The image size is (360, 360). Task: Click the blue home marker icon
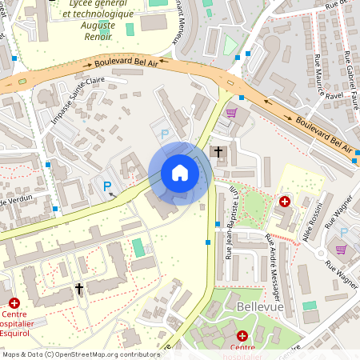coord(180,174)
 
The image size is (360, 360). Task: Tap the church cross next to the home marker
coord(218,151)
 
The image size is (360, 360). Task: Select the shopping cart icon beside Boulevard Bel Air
coord(232,113)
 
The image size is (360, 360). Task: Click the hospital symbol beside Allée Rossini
coord(284,202)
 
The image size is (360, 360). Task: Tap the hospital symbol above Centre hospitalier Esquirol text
coord(14,302)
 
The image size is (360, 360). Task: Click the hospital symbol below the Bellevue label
coord(242,335)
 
